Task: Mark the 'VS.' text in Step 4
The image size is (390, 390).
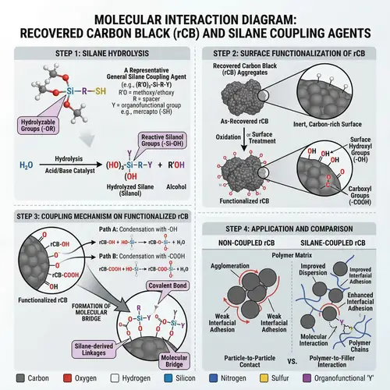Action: (292, 363)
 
